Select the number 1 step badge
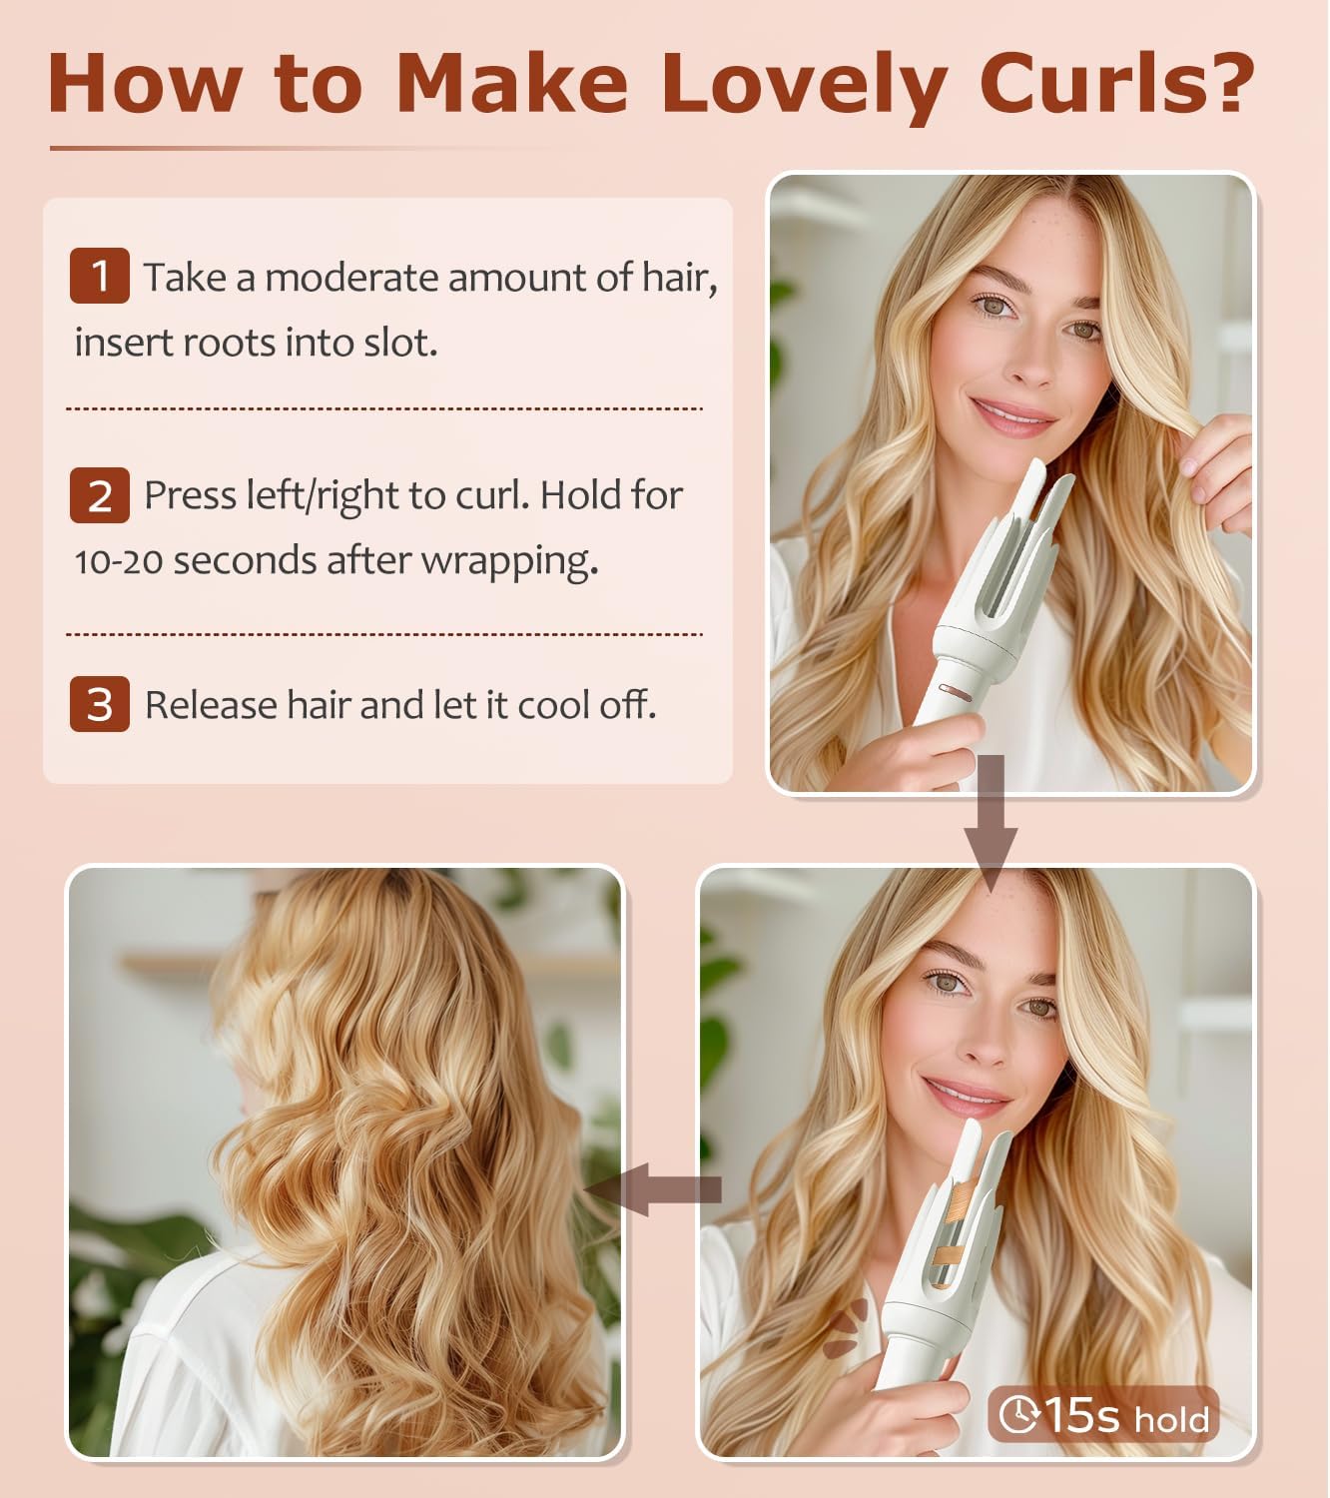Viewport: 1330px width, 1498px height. click(x=99, y=275)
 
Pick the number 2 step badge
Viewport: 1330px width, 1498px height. click(x=99, y=494)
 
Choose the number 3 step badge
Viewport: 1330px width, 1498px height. click(x=99, y=704)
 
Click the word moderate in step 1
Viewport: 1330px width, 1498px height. click(x=351, y=278)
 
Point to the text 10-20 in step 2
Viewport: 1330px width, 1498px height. click(x=118, y=561)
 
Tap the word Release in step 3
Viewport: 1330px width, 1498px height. click(x=211, y=705)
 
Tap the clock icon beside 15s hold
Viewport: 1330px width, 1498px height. click(x=1018, y=1414)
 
